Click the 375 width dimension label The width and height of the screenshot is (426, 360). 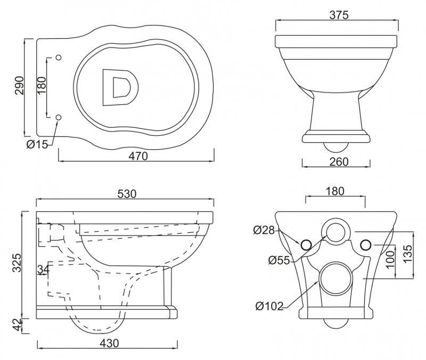(x=339, y=15)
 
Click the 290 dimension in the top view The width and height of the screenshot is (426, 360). (x=20, y=86)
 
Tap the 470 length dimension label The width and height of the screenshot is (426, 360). (x=138, y=156)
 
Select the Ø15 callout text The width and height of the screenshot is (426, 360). (x=37, y=144)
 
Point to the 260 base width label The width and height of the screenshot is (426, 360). (x=339, y=162)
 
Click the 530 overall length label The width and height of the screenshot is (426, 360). (x=127, y=194)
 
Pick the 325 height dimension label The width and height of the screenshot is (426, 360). (x=17, y=263)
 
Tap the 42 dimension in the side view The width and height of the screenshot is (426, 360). (x=17, y=325)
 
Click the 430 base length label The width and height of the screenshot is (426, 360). (x=109, y=343)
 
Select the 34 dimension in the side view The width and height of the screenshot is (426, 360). (x=44, y=269)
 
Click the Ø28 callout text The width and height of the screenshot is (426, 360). (x=264, y=231)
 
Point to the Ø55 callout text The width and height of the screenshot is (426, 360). (x=279, y=260)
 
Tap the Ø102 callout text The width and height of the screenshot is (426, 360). (x=269, y=306)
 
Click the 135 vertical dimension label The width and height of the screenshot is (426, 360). (x=407, y=254)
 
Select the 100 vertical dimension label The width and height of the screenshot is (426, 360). (x=390, y=259)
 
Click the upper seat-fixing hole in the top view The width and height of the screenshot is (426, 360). (x=59, y=58)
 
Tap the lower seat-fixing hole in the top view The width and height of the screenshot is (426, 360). (x=59, y=117)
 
